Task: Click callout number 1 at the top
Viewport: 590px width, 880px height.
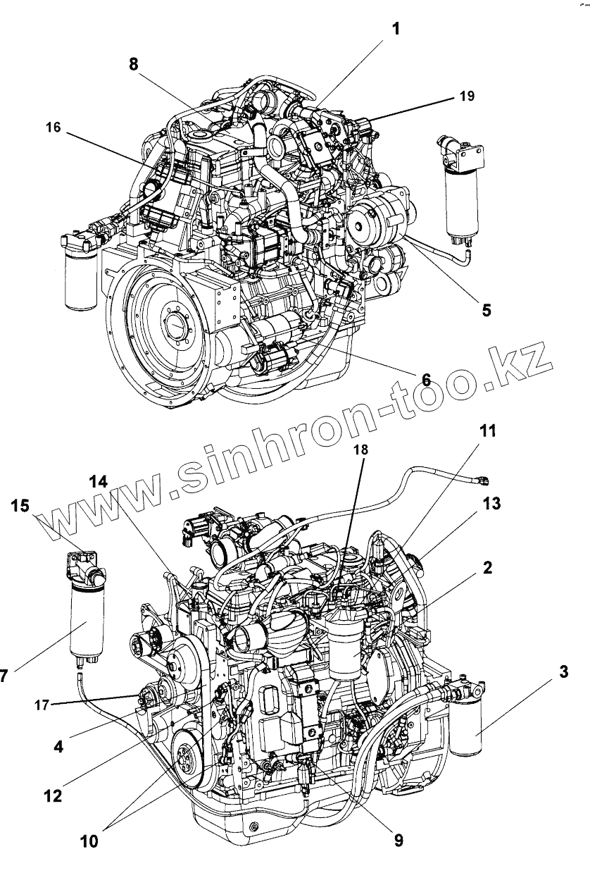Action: click(x=396, y=30)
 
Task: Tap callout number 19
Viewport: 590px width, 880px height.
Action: click(x=467, y=97)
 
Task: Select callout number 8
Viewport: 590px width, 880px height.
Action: click(x=134, y=63)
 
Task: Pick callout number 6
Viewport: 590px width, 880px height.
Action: click(x=426, y=378)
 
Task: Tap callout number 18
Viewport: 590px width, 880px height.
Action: click(x=361, y=448)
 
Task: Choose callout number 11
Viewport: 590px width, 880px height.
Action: click(x=487, y=430)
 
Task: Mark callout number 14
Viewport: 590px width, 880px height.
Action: click(x=99, y=482)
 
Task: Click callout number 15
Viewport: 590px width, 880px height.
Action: click(x=22, y=505)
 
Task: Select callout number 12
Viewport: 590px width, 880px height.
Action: click(x=53, y=796)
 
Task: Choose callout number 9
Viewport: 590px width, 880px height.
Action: click(x=398, y=840)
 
